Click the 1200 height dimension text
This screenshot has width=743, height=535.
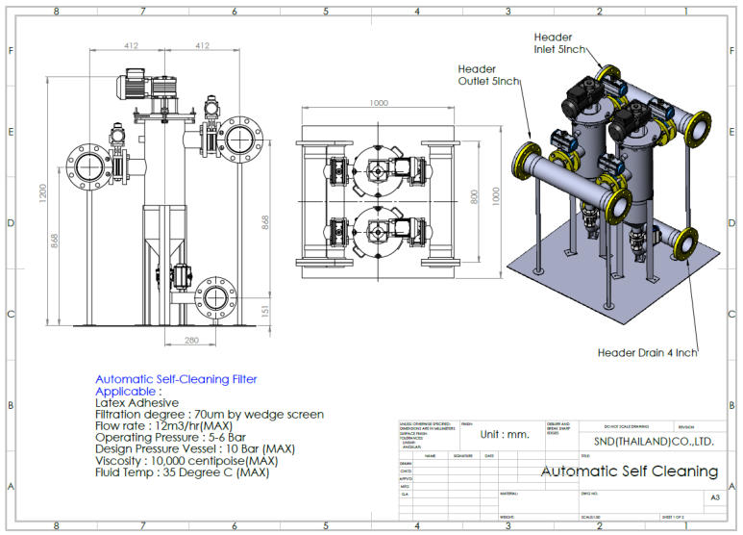click(x=42, y=194)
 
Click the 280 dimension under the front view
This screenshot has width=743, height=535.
click(x=192, y=341)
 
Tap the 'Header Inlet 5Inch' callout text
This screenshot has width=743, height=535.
click(x=558, y=42)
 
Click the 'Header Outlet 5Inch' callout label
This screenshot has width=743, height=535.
click(x=489, y=75)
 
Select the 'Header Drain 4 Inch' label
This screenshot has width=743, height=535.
click(x=647, y=352)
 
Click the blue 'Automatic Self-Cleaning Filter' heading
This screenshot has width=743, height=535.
click(x=176, y=379)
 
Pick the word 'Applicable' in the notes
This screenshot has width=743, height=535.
click(x=127, y=392)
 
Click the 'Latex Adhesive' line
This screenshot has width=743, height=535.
click(x=136, y=403)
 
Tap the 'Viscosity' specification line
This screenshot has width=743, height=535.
click(x=186, y=461)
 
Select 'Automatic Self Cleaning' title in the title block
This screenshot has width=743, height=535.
click(x=630, y=471)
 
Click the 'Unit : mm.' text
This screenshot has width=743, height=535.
click(x=505, y=434)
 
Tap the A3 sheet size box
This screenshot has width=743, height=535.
click(x=714, y=497)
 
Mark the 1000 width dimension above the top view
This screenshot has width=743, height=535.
click(x=379, y=103)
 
